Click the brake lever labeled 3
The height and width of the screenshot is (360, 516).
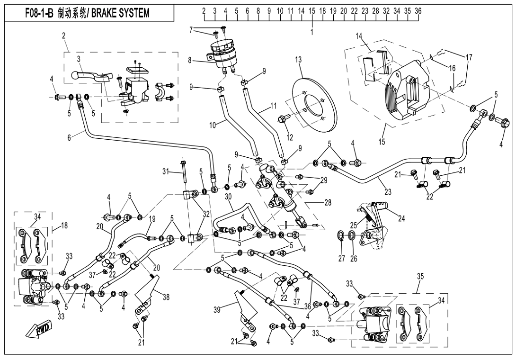point(90,76)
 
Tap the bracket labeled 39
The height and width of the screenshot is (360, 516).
point(246,308)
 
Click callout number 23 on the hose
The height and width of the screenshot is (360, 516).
point(389,192)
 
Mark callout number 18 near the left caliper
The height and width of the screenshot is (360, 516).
point(64,225)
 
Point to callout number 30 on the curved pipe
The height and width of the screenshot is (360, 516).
point(229,196)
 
